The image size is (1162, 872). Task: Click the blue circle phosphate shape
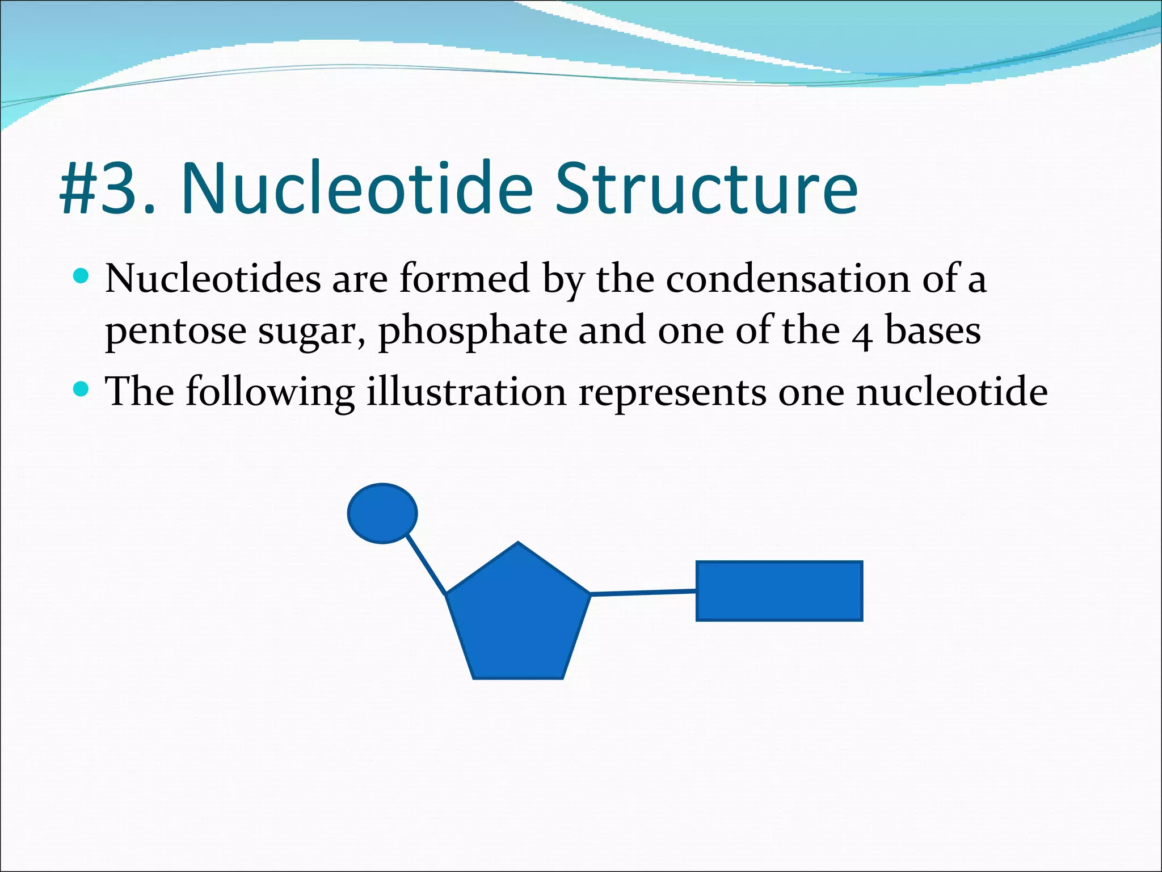382,513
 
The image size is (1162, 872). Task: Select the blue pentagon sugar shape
518,619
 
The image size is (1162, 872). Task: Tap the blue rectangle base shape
779,591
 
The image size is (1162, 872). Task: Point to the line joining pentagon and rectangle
643,593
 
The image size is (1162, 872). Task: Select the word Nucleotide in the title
357,188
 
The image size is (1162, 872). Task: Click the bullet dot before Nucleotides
82,276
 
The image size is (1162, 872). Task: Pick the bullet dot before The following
82,389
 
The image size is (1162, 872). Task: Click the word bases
933,330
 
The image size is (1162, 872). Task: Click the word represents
672,393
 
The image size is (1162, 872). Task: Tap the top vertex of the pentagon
518,544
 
